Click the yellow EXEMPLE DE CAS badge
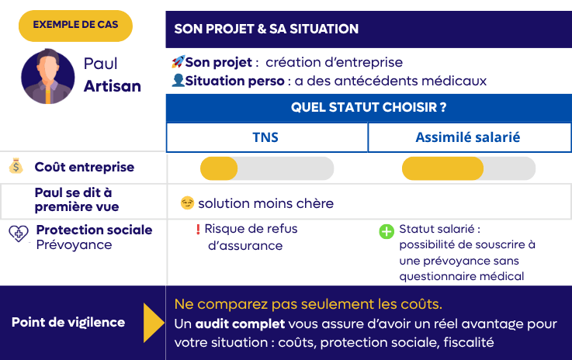[x=75, y=25]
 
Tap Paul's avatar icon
[x=48, y=76]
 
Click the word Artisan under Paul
[x=112, y=86]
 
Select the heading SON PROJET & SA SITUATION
[x=266, y=29]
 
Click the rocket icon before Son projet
[x=178, y=62]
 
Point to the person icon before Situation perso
[x=178, y=80]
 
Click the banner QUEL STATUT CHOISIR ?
[x=368, y=107]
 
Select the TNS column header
[x=266, y=137]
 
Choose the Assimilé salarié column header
[x=467, y=137]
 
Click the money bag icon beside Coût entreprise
[x=16, y=167]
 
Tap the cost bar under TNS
[x=266, y=168]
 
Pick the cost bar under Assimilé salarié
[x=468, y=168]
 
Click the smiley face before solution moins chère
[x=186, y=203]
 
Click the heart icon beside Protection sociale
[x=18, y=234]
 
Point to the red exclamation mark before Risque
[x=198, y=230]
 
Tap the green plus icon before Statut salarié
[x=386, y=231]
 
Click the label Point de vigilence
[x=68, y=322]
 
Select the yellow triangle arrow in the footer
[x=154, y=323]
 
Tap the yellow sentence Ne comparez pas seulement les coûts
[x=308, y=303]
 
